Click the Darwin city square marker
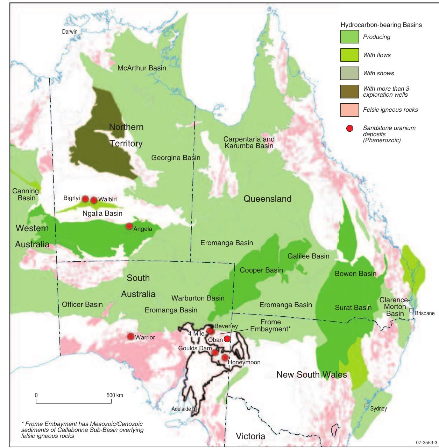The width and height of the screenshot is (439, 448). point(81,36)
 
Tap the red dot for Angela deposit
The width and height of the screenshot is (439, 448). point(129,226)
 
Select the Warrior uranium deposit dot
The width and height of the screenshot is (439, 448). point(131,337)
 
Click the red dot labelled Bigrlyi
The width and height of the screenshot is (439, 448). point(85,199)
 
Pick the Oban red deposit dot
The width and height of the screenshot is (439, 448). point(227,339)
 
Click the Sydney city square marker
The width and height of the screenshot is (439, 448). point(367,406)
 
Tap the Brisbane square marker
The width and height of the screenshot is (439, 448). point(411,310)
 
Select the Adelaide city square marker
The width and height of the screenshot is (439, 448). point(194,409)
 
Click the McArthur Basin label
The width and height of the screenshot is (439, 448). point(142,68)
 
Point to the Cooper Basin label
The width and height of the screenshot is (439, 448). point(261,270)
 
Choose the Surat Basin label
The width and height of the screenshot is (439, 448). point(353,308)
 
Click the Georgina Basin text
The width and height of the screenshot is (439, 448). point(176,158)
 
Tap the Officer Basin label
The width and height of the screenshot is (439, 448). point(82,304)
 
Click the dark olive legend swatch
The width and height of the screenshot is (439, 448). point(349,91)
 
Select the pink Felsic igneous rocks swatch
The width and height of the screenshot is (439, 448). point(349,110)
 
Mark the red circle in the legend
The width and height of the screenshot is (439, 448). point(349,129)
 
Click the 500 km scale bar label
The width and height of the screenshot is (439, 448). point(115,395)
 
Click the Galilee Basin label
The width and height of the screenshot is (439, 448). point(308,256)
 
